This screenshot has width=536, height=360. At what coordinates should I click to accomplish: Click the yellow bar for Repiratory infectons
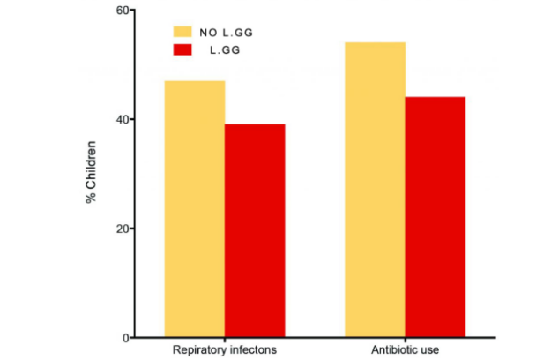195,209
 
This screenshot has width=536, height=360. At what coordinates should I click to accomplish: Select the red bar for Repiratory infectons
255,230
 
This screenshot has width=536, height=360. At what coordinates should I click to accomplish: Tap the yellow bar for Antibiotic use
375,190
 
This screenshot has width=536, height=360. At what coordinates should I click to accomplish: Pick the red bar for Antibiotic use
435,217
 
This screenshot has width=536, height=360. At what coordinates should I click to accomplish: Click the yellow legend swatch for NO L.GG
182,32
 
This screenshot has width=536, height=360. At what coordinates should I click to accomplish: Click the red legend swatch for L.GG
182,49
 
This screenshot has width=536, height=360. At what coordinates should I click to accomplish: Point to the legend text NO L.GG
226,33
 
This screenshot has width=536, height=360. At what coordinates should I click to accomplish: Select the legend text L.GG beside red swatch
225,50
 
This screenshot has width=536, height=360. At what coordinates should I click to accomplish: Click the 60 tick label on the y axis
123,11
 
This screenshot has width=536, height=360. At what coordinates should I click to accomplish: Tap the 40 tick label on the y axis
123,119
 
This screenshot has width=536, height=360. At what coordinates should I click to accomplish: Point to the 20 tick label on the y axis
123,229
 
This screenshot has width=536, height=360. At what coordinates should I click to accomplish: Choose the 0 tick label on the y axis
126,338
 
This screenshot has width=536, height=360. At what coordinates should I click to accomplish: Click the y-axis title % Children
91,172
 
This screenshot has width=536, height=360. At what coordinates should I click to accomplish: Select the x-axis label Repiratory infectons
225,350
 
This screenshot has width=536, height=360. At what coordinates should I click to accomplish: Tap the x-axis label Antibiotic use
405,350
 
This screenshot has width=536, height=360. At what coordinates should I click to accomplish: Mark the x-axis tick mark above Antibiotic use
406,341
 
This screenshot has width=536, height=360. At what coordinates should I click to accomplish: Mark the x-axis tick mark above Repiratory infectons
225,341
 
